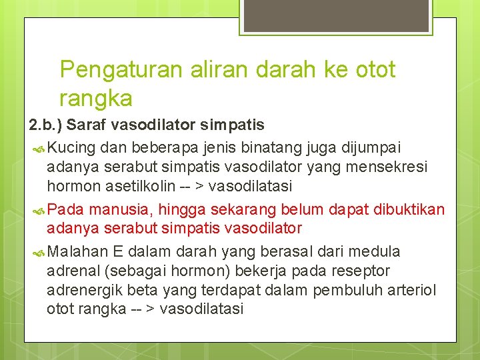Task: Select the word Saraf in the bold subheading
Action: pyautogui.click(x=86, y=125)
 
